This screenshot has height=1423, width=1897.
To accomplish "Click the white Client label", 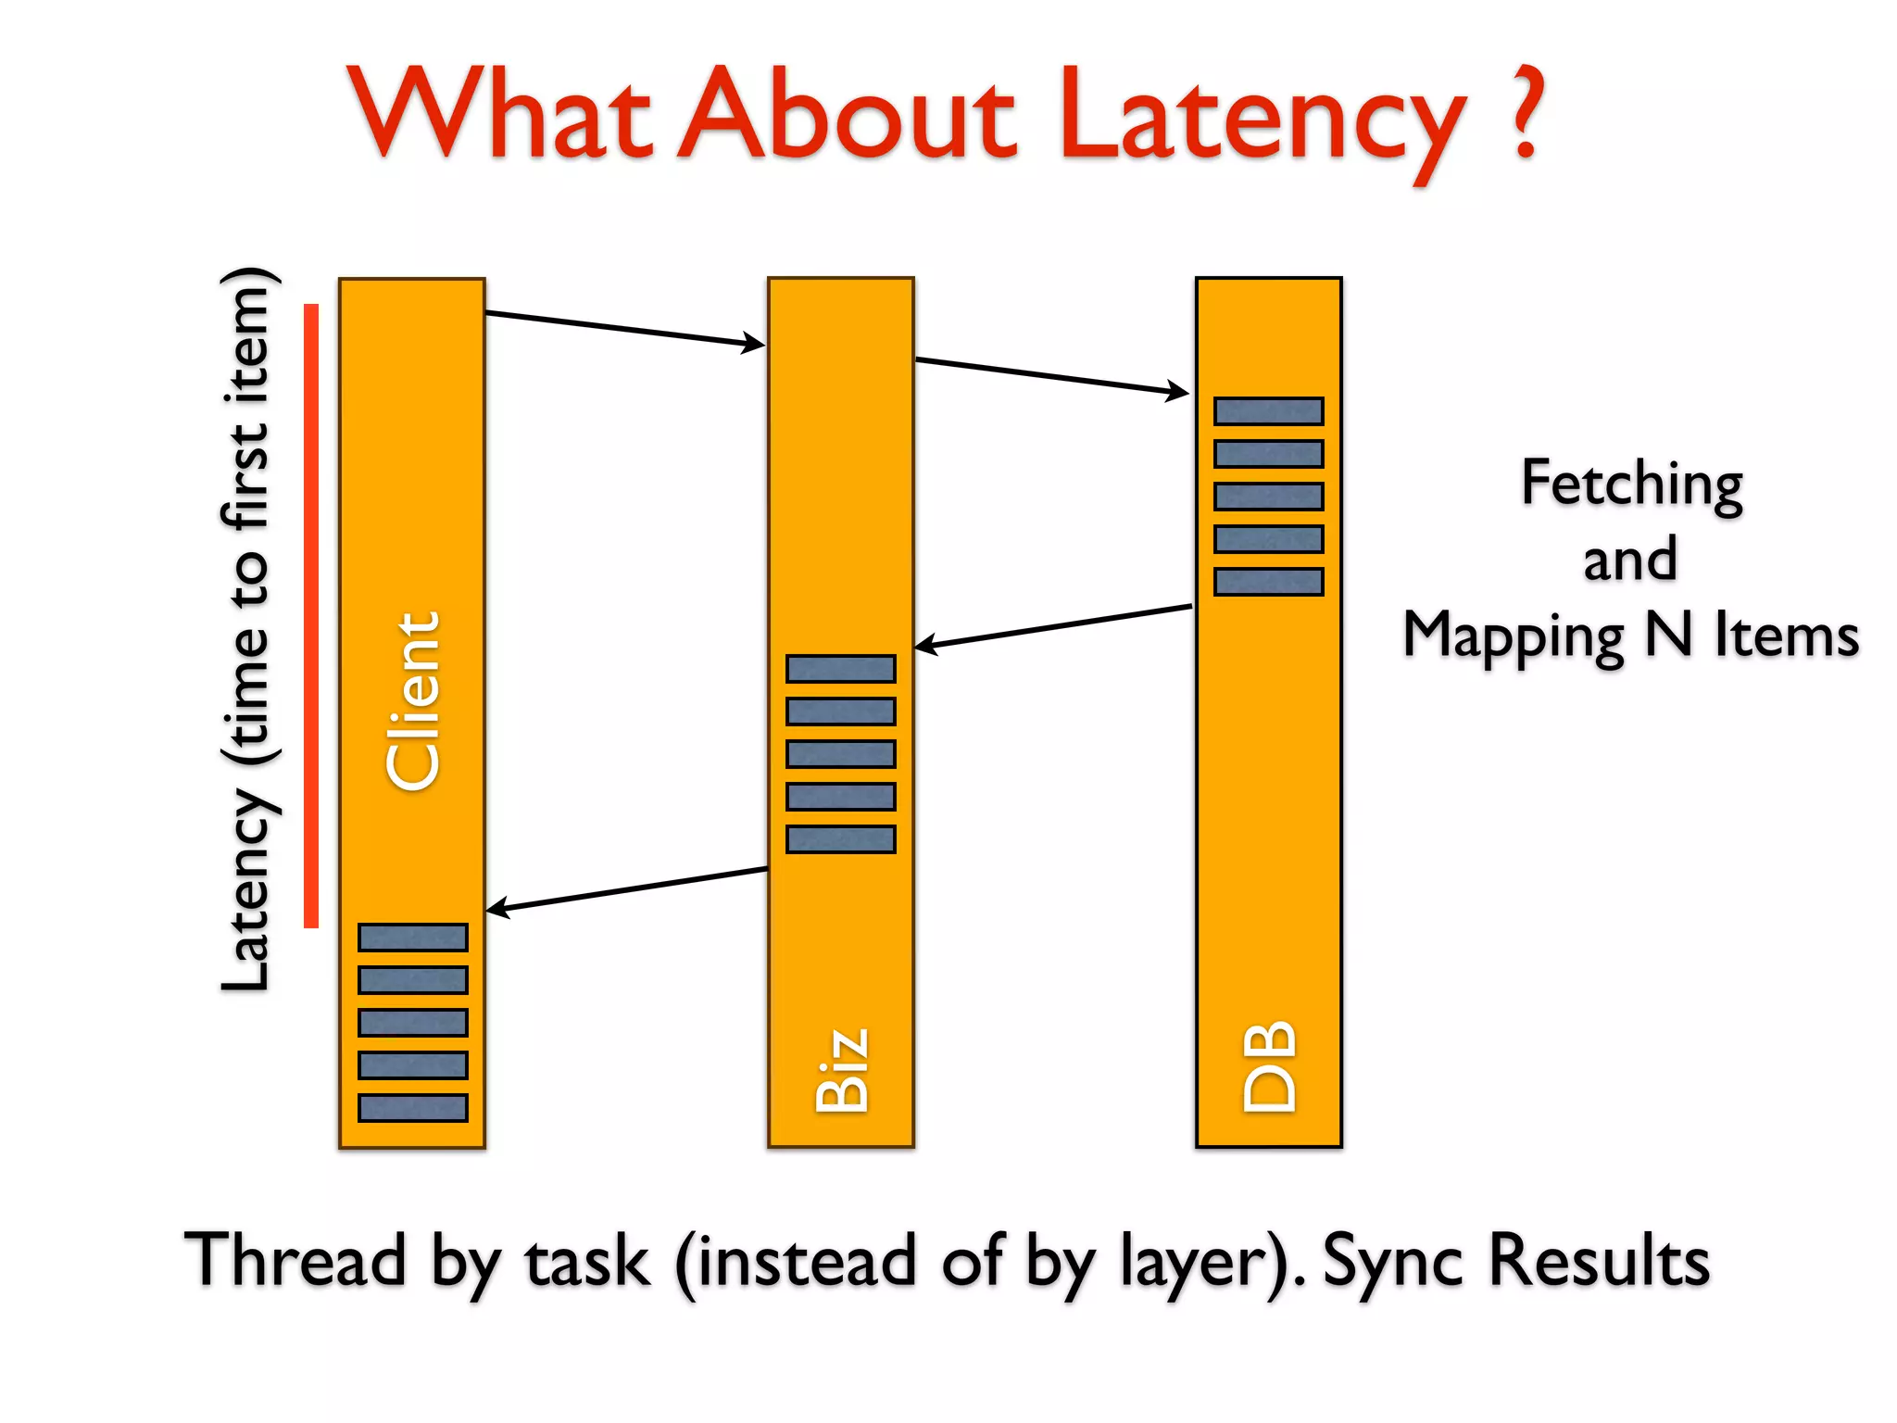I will [412, 701].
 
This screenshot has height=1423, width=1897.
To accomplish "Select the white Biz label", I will [842, 1070].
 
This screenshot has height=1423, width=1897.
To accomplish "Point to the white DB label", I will [1269, 1065].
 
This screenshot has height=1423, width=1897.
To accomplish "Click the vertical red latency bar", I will [311, 615].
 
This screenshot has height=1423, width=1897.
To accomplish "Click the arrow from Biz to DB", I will [1051, 376].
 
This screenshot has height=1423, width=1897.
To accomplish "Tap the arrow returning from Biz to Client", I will [626, 889].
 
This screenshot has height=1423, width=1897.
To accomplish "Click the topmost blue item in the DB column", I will [1268, 411].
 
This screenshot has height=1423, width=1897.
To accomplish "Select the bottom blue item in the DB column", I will [1268, 582].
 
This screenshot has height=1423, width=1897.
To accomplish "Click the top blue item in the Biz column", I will [840, 669].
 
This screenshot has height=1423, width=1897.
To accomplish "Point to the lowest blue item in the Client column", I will [412, 1108].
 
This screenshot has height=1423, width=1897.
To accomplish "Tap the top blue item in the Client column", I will [412, 938].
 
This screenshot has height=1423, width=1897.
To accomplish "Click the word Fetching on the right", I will [1632, 485].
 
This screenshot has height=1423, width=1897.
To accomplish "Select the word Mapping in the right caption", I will [1514, 636].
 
